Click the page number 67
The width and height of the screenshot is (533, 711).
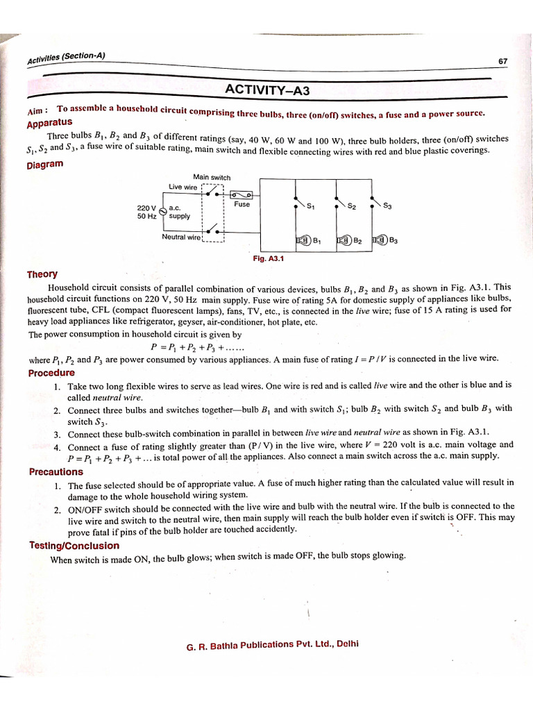point(503,61)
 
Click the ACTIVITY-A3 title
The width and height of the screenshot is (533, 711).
point(267,90)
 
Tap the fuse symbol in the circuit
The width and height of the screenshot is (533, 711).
point(241,195)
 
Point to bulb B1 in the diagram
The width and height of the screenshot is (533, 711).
point(303,240)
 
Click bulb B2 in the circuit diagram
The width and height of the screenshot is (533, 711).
point(344,240)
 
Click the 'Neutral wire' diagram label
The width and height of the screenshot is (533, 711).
point(182,237)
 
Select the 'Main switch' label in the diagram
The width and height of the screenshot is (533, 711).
point(212,177)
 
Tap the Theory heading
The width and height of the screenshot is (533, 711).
point(43,274)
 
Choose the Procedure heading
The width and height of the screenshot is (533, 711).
point(51,373)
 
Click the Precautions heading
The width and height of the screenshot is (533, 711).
point(56,472)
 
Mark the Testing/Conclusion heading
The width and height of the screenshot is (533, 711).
point(74,545)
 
